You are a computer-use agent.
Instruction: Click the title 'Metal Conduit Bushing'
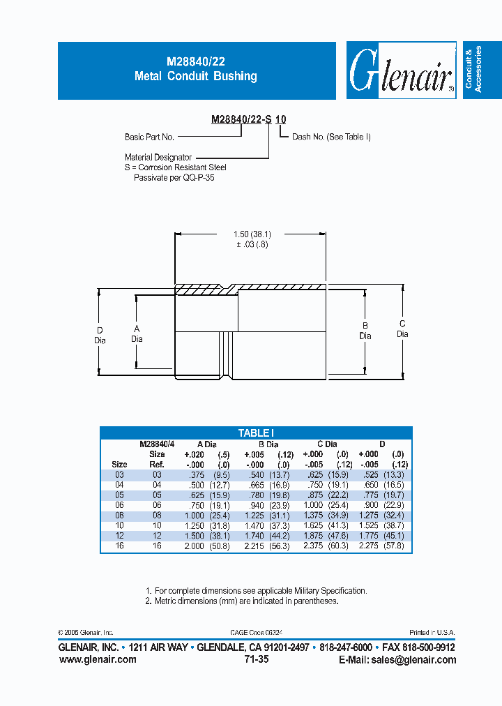pos(195,76)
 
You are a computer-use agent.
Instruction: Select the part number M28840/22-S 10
pos(248,119)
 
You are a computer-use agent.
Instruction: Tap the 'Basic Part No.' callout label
pos(149,137)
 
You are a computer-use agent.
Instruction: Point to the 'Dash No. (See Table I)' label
pos(331,137)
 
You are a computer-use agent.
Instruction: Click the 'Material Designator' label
pos(158,158)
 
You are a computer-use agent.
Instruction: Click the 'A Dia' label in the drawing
pos(137,333)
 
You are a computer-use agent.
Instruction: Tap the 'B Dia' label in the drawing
pos(365,331)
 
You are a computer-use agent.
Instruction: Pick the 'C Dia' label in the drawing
pos(402,329)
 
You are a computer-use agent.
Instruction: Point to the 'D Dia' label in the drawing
pos(100,335)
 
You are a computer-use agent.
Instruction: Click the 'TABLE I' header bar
pos(256,433)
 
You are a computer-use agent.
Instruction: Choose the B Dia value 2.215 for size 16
pos(257,546)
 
